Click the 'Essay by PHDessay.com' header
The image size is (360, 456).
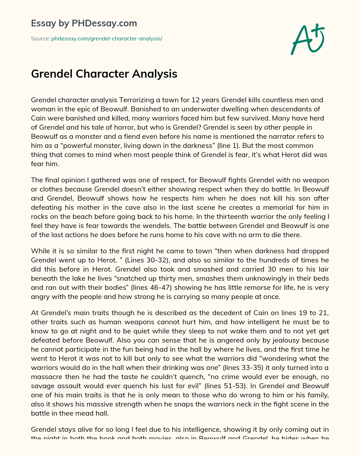click(84, 24)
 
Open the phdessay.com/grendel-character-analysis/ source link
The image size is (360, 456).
click(107, 39)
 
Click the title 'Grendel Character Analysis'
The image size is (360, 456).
click(104, 74)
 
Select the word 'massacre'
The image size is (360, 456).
click(45, 377)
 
